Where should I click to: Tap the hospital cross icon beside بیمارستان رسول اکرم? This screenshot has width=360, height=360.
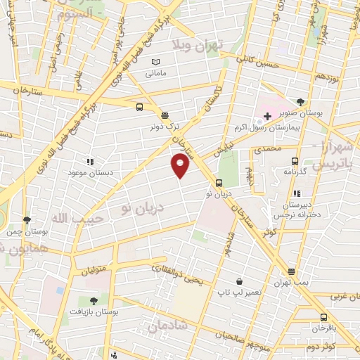[267, 115]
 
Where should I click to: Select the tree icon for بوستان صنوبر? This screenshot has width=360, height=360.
[301, 102]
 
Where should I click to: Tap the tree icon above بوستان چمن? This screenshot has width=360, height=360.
[27, 220]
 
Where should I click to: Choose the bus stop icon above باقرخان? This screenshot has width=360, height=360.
[323, 317]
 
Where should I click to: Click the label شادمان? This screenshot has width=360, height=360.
[166, 326]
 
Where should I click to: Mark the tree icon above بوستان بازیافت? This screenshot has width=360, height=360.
[93, 300]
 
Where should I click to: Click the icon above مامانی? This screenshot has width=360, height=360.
[155, 63]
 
